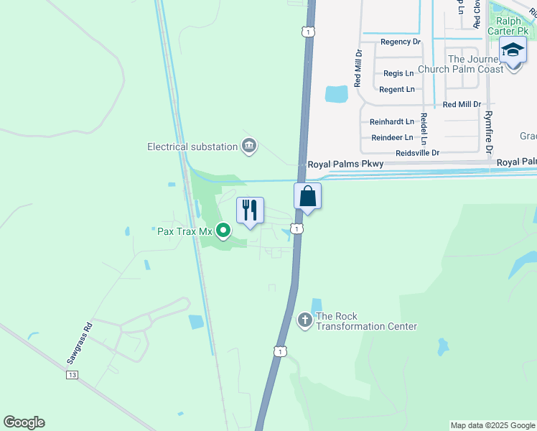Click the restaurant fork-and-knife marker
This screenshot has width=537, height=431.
tap(250, 210)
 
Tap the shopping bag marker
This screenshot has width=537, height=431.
tap(307, 195)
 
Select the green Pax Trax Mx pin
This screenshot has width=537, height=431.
tap(223, 231)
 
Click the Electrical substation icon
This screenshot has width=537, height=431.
tap(249, 146)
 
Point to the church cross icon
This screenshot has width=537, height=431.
tap(305, 320)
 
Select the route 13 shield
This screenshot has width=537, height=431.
tap(71, 375)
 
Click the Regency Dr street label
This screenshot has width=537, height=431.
tap(401, 42)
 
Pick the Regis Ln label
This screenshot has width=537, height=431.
tap(399, 73)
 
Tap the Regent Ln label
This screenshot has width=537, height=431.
tap(397, 89)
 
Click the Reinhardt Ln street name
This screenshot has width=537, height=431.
tap(392, 121)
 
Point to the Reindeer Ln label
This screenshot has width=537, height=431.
tap(392, 137)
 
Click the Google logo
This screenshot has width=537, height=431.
tap(24, 422)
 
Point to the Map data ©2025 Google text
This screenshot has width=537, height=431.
tap(492, 425)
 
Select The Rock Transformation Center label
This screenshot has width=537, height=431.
tap(366, 321)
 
